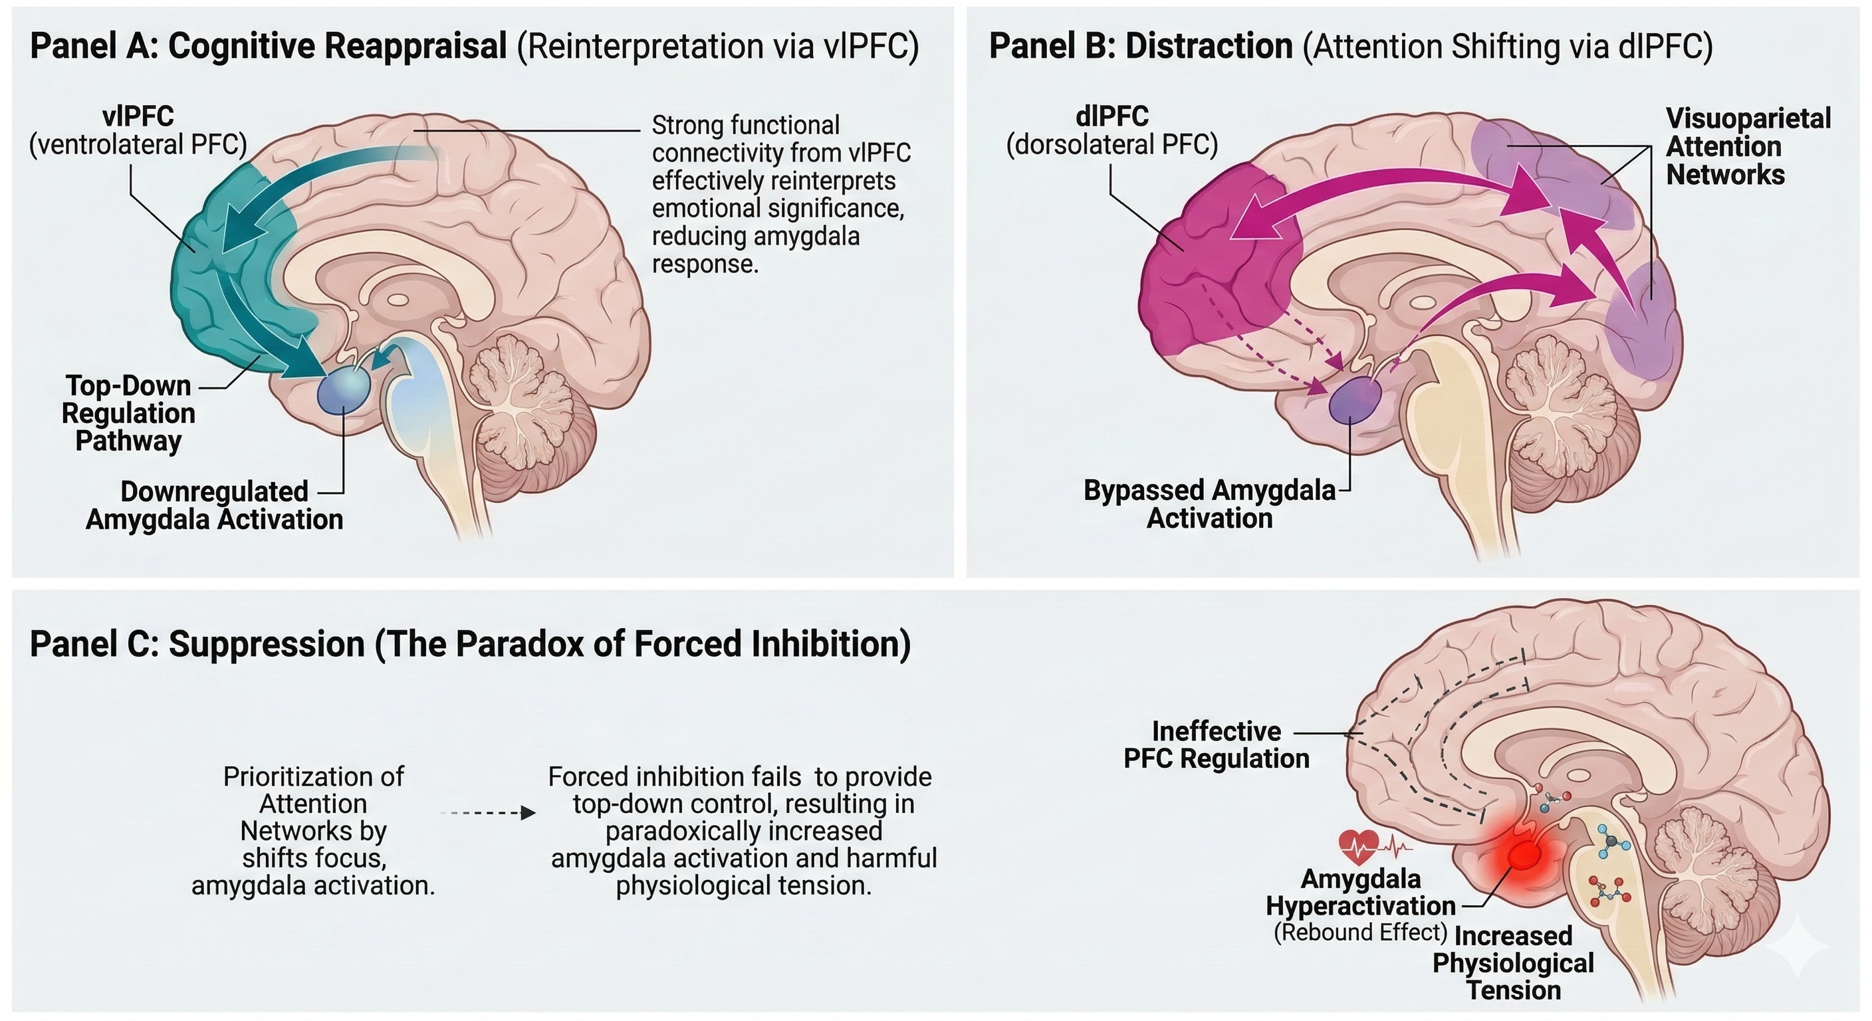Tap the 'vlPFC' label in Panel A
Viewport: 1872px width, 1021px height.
coord(138,116)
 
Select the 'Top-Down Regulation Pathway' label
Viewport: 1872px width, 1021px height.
coord(128,413)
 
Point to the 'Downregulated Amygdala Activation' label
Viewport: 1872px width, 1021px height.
coord(214,505)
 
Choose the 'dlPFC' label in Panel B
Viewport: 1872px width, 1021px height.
coord(1112,116)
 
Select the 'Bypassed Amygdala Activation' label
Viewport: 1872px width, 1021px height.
coord(1209,504)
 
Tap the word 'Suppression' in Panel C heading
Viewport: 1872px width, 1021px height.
coord(266,644)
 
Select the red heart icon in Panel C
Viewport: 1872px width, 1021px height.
coord(1358,845)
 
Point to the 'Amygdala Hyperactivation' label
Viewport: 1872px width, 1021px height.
coord(1360,892)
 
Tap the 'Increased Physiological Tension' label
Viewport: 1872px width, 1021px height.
coord(1513,963)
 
